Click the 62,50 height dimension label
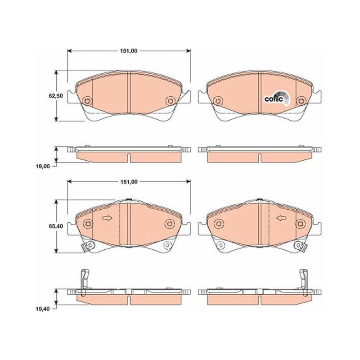pos(55,95)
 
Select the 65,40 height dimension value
pos(55,226)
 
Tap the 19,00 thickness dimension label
pos(42,166)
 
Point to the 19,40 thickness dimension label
pos(42,309)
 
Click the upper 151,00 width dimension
pos(129,51)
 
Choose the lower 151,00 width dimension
pos(129,182)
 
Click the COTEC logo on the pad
pos(277,98)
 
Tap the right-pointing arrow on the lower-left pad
pos(107,218)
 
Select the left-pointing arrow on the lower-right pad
pos(281,218)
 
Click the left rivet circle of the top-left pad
pos(87,101)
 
